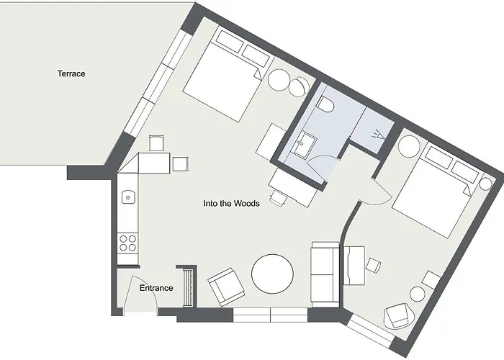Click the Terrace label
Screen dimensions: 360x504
point(71,73)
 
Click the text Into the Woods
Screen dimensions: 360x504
point(230,204)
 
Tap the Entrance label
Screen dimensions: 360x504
point(156,288)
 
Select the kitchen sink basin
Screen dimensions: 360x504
point(127,196)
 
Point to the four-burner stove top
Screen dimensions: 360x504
point(128,243)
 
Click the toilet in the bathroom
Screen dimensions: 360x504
point(326,105)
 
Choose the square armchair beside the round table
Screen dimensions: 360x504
point(225,286)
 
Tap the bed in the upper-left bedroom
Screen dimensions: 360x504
point(224,77)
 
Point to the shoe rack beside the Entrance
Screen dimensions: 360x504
point(190,287)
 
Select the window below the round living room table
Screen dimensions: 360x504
point(271,314)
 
